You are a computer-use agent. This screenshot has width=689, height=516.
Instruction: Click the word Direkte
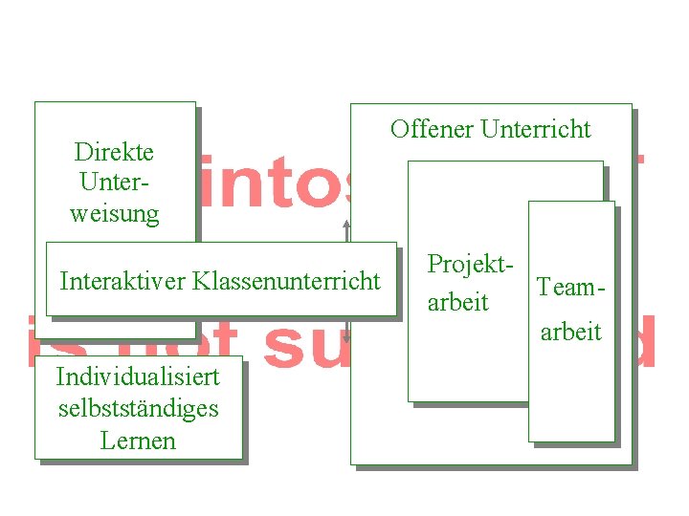point(114,152)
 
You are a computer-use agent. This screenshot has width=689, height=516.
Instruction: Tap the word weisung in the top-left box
point(114,213)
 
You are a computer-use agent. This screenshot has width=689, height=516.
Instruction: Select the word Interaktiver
point(122,281)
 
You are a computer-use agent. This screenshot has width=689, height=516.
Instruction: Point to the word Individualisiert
point(138,376)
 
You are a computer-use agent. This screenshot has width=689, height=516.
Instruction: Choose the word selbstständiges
point(138,408)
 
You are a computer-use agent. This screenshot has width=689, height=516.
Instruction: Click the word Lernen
point(138,441)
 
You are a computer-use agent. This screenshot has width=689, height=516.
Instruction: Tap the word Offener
point(432,129)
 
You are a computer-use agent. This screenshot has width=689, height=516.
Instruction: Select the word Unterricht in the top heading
point(536,129)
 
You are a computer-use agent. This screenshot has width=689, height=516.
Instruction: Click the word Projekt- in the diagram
point(464,264)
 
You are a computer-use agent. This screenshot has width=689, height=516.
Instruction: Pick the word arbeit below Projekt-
point(457,302)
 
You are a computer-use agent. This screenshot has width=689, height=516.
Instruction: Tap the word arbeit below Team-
point(570,332)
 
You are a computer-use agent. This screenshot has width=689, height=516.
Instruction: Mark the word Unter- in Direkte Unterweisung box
point(114,183)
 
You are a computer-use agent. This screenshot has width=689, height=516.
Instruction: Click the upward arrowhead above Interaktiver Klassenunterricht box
point(347,226)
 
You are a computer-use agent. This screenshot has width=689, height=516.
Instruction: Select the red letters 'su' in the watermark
point(305,343)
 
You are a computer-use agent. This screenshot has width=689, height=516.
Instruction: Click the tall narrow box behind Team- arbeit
point(571,401)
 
